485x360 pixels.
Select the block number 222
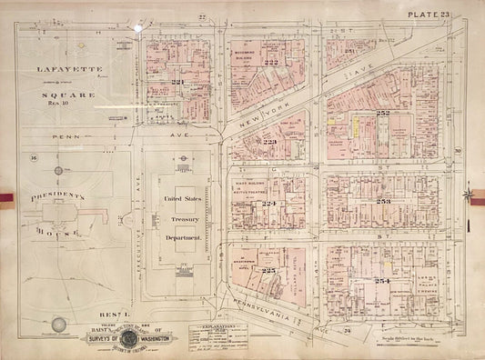270,61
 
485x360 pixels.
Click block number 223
270,142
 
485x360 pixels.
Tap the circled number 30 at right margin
459,151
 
